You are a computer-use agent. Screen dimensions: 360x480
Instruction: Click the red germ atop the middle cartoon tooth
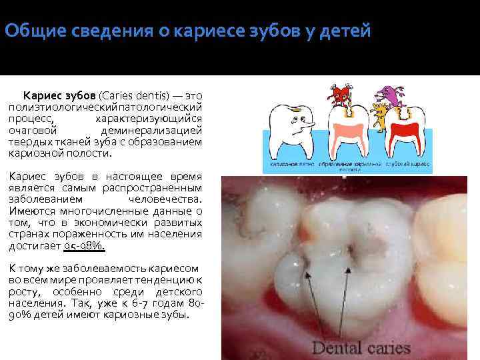click(x=342, y=96)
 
